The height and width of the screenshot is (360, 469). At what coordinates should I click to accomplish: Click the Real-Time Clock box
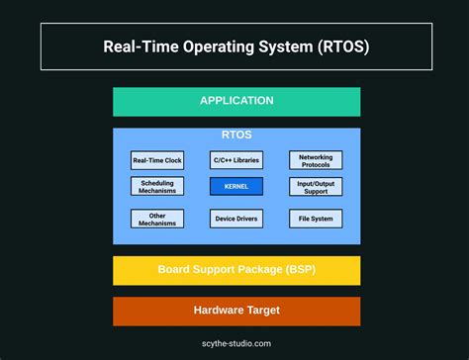click(x=157, y=159)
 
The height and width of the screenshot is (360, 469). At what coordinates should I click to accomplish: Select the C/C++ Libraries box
click(x=236, y=159)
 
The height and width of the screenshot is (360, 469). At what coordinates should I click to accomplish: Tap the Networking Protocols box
click(x=316, y=159)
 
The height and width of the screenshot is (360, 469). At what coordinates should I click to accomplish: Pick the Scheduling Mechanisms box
click(x=157, y=186)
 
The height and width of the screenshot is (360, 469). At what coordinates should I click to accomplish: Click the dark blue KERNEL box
click(x=236, y=186)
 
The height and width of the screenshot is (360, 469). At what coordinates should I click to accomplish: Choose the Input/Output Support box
click(x=316, y=186)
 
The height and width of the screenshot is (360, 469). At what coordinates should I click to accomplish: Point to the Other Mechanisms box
click(x=157, y=219)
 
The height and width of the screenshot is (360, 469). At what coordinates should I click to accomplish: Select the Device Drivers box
click(x=236, y=219)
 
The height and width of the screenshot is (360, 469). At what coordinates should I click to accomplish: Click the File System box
click(x=316, y=219)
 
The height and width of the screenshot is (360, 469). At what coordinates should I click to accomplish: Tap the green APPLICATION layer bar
click(x=236, y=101)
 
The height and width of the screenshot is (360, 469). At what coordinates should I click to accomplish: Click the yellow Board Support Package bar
click(x=236, y=270)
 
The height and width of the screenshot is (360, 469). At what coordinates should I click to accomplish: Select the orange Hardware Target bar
click(x=236, y=311)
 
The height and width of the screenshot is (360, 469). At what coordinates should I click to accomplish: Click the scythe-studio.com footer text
click(x=236, y=343)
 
